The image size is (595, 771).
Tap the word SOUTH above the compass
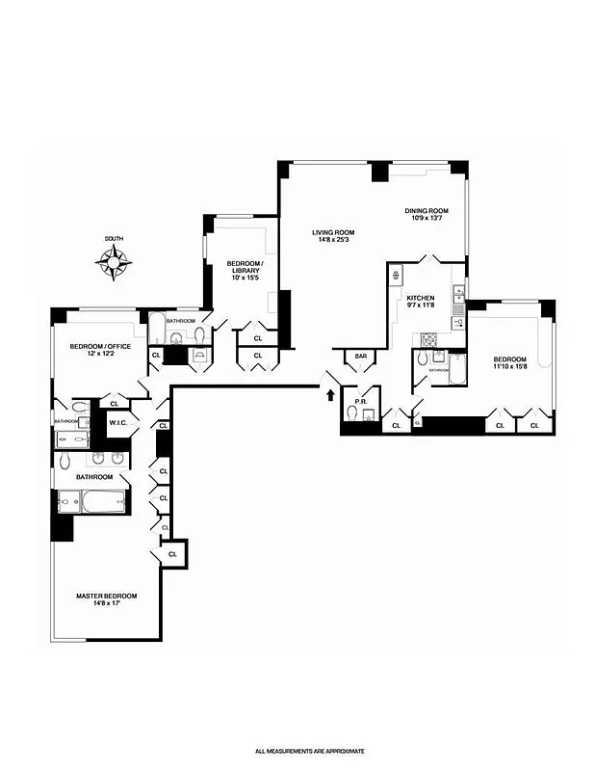point(115,239)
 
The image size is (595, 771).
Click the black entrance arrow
point(331,393)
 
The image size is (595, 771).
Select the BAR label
point(361,357)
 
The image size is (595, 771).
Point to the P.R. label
point(361,401)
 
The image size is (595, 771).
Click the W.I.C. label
point(118,422)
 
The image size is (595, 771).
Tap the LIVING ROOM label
point(333,232)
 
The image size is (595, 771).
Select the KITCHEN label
point(421,298)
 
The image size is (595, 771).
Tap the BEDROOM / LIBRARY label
point(245,267)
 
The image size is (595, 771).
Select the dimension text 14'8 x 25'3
point(333,240)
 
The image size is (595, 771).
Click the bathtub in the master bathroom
point(92,502)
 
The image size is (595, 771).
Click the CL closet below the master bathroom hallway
point(173,555)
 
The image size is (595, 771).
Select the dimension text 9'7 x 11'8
point(421,306)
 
